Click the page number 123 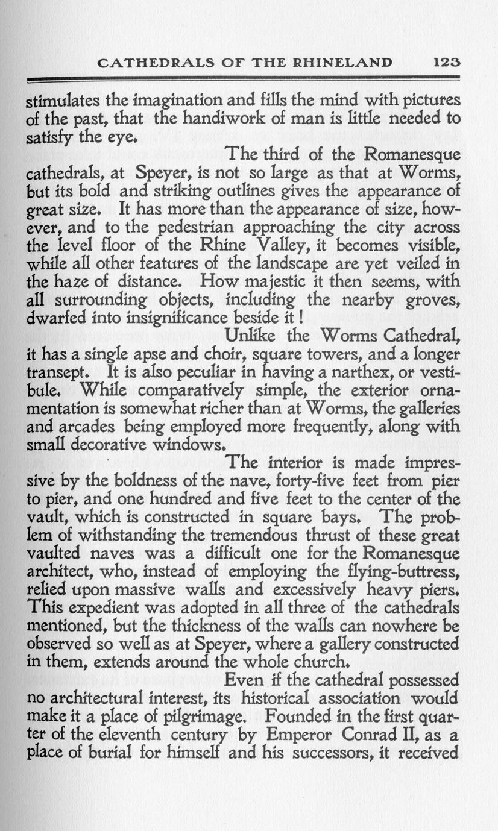click(x=447, y=62)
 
